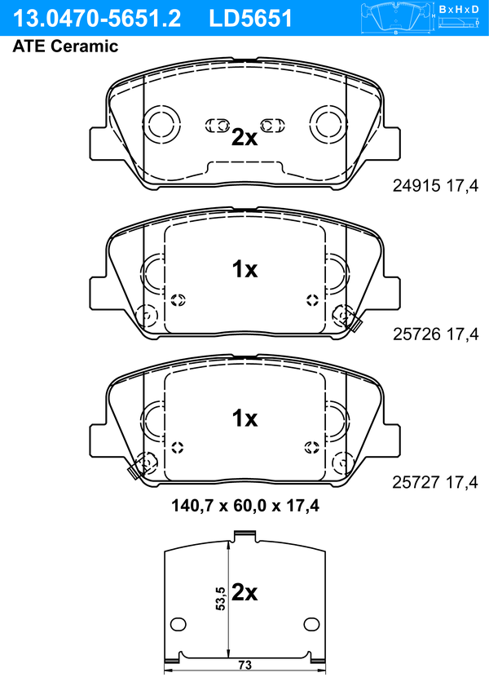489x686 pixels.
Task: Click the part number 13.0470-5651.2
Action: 97,19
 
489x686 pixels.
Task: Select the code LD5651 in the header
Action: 250,19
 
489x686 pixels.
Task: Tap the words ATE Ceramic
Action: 65,46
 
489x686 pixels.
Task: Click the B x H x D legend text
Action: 459,9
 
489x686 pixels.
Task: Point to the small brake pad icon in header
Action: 395,17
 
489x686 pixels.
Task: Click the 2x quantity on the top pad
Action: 244,137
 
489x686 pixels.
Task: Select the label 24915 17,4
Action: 435,186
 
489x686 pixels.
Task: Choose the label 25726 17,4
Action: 436,334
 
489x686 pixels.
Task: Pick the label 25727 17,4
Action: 435,482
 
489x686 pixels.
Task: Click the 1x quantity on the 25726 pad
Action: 244,269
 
